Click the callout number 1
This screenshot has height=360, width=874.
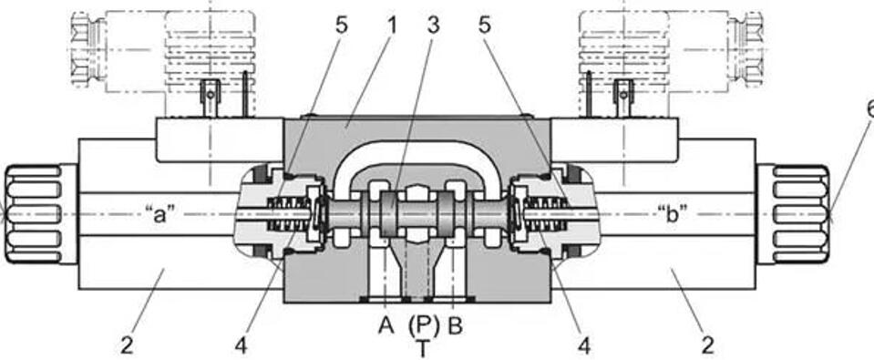point(393,26)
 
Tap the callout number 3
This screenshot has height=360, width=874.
point(433,26)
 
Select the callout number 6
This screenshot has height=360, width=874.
point(870,109)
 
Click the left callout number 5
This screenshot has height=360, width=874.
point(341,26)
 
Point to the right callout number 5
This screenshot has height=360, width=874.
point(485,26)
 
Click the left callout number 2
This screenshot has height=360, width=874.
point(128,346)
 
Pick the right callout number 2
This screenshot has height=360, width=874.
point(707,346)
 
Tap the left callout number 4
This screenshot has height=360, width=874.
point(241,346)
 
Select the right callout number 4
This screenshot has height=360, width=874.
point(583,346)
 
